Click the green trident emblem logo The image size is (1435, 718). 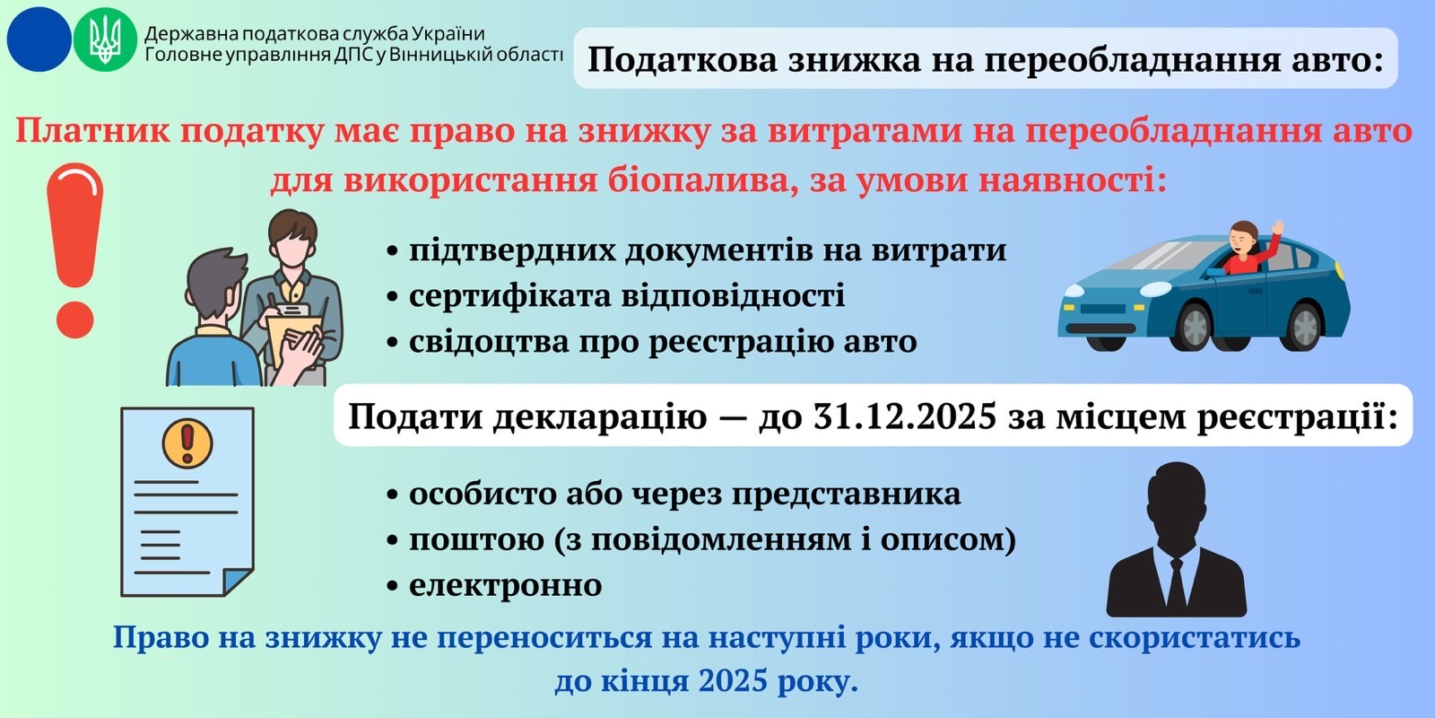(105, 39)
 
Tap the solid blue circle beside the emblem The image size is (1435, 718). (39, 39)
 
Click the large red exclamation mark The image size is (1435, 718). (75, 250)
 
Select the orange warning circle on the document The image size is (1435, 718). (187, 442)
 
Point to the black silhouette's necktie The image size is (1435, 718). (1176, 583)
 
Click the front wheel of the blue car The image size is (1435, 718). (1193, 327)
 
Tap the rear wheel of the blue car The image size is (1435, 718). (1305, 327)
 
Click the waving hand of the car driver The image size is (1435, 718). (1277, 228)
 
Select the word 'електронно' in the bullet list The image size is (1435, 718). (506, 585)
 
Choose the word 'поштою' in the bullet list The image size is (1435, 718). (476, 540)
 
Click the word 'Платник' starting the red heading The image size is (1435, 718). (93, 131)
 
